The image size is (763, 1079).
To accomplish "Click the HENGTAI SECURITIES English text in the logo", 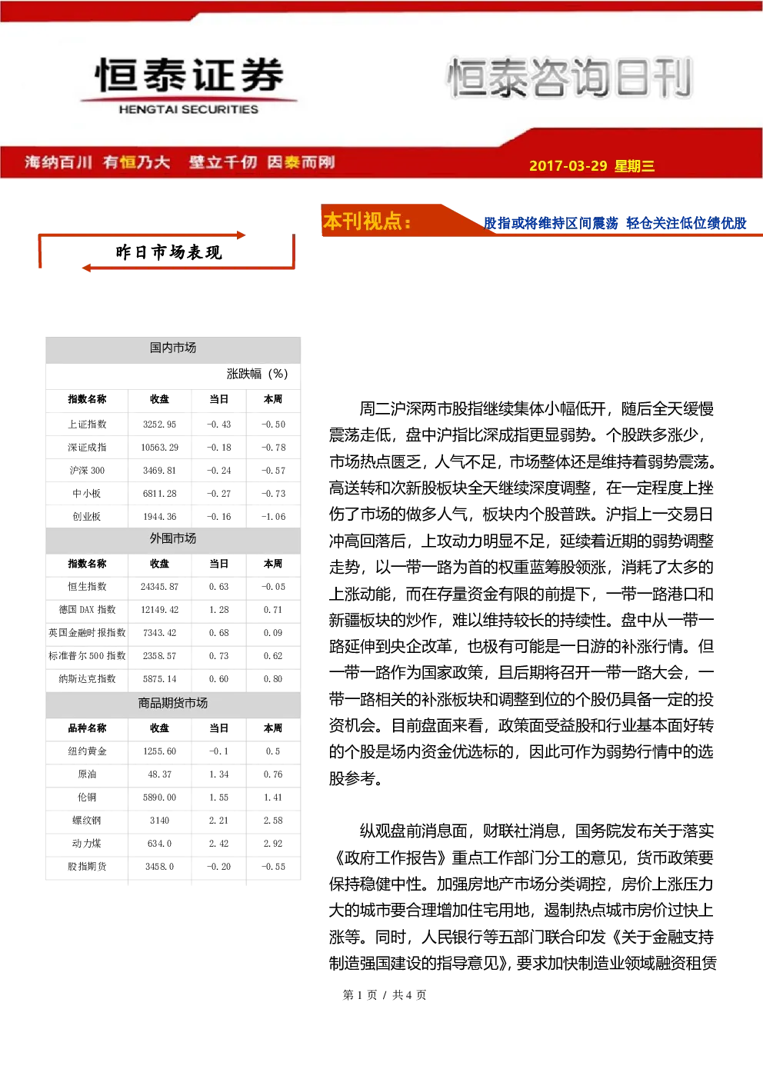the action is (x=188, y=109).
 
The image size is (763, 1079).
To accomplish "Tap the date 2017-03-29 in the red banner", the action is (x=568, y=165).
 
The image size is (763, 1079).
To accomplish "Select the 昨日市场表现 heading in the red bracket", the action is (x=168, y=252).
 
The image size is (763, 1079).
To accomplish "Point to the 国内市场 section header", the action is (x=173, y=348).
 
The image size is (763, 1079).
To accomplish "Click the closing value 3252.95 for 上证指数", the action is (x=159, y=425).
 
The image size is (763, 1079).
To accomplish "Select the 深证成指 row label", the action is (x=87, y=448).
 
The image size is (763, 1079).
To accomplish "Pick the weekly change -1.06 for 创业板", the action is (x=273, y=517).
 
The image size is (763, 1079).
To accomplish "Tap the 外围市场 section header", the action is (x=173, y=538).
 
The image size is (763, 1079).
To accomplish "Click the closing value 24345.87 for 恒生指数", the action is (x=159, y=587).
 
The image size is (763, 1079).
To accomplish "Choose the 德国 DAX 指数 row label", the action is (x=87, y=610).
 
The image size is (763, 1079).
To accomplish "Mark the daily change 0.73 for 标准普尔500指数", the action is (x=218, y=656).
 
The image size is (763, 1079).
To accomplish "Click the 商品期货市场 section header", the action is (x=173, y=703).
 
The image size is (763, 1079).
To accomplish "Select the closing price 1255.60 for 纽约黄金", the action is (x=159, y=751).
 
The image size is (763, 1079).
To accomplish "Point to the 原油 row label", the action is (x=87, y=774).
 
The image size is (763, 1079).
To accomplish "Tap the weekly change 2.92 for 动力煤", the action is (x=273, y=844).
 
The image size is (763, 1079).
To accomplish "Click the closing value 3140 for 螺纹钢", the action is (x=159, y=821).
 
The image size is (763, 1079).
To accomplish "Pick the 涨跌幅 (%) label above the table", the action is (x=257, y=374).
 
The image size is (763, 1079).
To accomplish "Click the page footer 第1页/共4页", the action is (x=384, y=994).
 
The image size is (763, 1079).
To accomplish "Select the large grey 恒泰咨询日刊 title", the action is (x=570, y=78).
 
